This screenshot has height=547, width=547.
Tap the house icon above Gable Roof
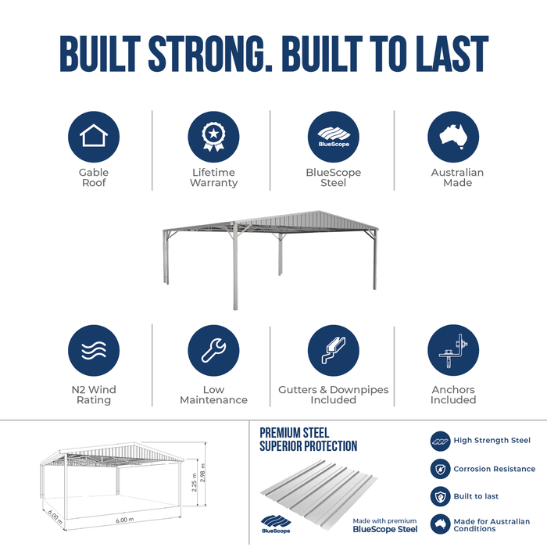pyautogui.click(x=94, y=137)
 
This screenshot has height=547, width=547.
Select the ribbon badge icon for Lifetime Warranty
pyautogui.click(x=213, y=137)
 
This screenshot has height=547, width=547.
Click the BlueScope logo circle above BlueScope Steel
pyautogui.click(x=334, y=137)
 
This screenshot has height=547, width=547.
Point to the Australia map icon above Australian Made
pyautogui.click(x=453, y=137)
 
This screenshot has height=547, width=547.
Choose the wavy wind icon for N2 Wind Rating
pyautogui.click(x=94, y=351)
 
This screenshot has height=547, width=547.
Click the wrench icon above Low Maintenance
pyautogui.click(x=213, y=351)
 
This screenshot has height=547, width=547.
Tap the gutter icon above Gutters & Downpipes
pyautogui.click(x=334, y=351)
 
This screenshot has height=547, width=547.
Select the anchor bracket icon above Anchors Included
pyautogui.click(x=453, y=351)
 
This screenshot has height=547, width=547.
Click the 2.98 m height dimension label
pyautogui.click(x=203, y=473)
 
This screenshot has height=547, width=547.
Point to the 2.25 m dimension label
pyautogui.click(x=195, y=482)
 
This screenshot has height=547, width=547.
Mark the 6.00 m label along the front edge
pyautogui.click(x=125, y=520)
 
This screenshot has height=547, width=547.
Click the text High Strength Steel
pyautogui.click(x=492, y=440)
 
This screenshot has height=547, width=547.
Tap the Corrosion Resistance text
pyautogui.click(x=495, y=469)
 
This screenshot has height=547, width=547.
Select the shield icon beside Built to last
pyautogui.click(x=441, y=496)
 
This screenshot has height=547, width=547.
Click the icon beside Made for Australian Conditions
pyautogui.click(x=441, y=524)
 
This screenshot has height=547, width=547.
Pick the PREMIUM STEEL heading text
pyautogui.click(x=295, y=433)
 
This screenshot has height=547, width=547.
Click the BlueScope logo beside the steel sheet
pyautogui.click(x=276, y=524)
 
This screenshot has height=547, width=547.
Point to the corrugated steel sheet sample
pyautogui.click(x=319, y=495)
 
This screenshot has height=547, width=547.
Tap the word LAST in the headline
pyautogui.click(x=452, y=53)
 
